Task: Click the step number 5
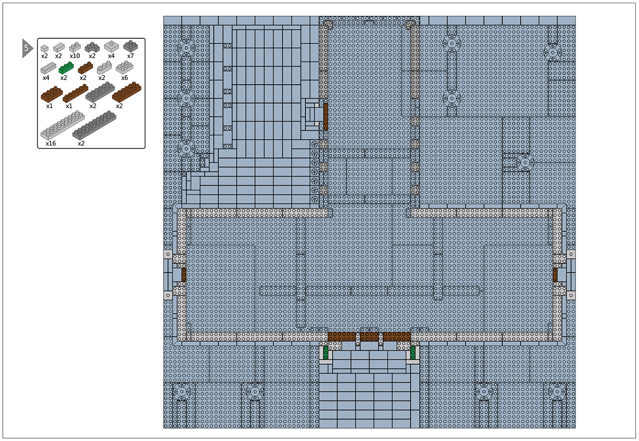point(26,48)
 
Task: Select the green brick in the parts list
point(66,68)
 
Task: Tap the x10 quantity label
point(75,56)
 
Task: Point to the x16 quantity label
point(51,143)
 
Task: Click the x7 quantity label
point(130,56)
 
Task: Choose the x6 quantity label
point(124,78)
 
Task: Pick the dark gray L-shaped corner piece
point(92,47)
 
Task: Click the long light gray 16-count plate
point(62,125)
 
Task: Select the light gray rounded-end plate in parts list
point(104,67)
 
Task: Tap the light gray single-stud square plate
point(111,46)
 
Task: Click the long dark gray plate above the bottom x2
point(94,125)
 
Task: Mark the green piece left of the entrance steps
point(325,353)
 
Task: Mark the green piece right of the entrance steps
point(412,353)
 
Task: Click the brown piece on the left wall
point(184,275)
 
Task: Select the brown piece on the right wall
point(555,275)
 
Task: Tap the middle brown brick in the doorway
point(369,337)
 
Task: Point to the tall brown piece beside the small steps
point(325,117)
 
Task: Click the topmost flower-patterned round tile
point(314,144)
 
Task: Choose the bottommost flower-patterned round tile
point(314,199)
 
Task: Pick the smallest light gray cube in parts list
point(45,48)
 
